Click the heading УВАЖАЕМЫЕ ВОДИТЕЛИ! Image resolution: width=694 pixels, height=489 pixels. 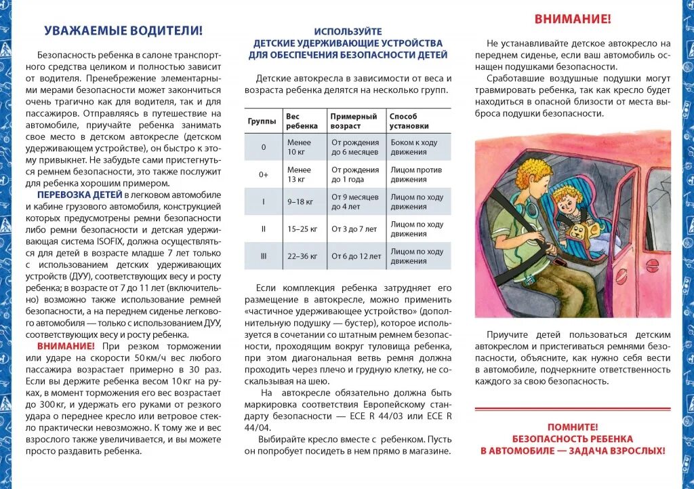123,31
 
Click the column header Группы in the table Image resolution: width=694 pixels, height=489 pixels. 262,121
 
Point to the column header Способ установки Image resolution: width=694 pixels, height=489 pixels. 409,121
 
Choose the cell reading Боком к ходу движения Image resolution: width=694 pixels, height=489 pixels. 413,147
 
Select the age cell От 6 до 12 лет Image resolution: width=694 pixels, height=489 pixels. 355,256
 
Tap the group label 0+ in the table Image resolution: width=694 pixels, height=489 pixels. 264,175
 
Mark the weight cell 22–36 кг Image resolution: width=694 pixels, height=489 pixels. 302,256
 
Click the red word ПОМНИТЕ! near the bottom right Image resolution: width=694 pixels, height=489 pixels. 573,427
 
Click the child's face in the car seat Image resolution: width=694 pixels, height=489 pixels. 566,201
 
